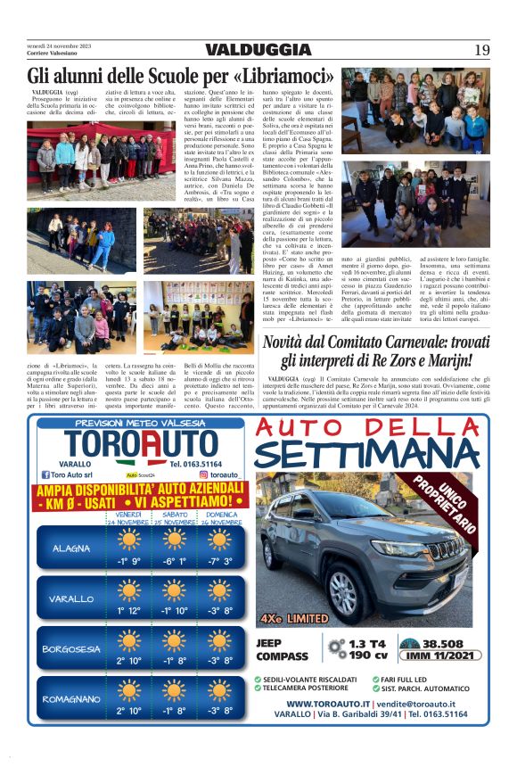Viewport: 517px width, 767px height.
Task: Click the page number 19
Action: tap(481, 50)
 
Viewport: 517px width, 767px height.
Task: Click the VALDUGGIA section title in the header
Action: tap(258, 50)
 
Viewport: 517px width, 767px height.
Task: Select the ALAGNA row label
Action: tap(71, 548)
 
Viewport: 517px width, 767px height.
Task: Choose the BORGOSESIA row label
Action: tap(71, 648)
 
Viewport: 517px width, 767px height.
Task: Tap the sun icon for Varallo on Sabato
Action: tap(176, 590)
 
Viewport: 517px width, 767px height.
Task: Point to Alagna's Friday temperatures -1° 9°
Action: tap(129, 562)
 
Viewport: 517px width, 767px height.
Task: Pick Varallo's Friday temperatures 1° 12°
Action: tap(129, 612)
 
